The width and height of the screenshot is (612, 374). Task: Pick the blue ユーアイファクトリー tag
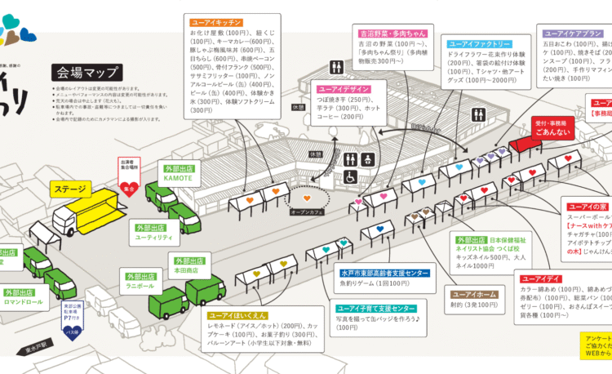[480, 44]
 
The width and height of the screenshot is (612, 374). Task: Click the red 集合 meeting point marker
[128, 187]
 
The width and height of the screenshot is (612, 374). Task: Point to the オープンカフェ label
[307, 211]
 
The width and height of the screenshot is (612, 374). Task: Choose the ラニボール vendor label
[140, 286]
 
